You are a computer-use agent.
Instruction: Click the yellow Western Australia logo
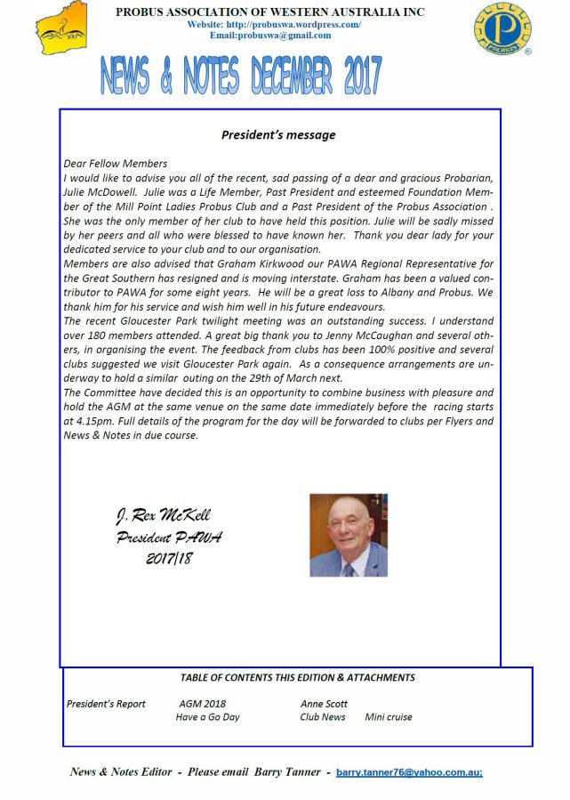click(64, 28)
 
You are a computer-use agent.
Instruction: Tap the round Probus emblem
click(502, 29)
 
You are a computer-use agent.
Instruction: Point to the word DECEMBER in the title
click(276, 76)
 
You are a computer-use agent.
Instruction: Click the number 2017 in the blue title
click(350, 76)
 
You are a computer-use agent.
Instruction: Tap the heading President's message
click(278, 135)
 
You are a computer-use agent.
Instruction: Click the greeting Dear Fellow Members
click(116, 164)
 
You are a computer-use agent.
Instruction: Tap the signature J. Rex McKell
click(164, 516)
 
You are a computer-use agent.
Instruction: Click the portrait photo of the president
click(348, 535)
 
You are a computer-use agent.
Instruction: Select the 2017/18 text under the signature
click(169, 559)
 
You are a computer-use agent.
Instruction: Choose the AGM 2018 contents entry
click(202, 704)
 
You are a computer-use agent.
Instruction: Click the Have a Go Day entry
click(207, 717)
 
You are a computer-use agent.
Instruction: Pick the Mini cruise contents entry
click(388, 717)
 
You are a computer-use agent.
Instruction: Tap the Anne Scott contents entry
click(324, 704)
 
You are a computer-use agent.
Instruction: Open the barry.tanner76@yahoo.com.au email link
click(409, 772)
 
